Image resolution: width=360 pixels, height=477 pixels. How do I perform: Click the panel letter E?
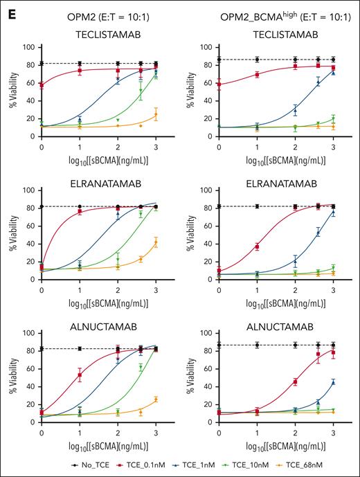pos(9,9)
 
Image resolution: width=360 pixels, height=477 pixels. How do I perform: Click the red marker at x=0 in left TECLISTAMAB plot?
pos(42,84)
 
